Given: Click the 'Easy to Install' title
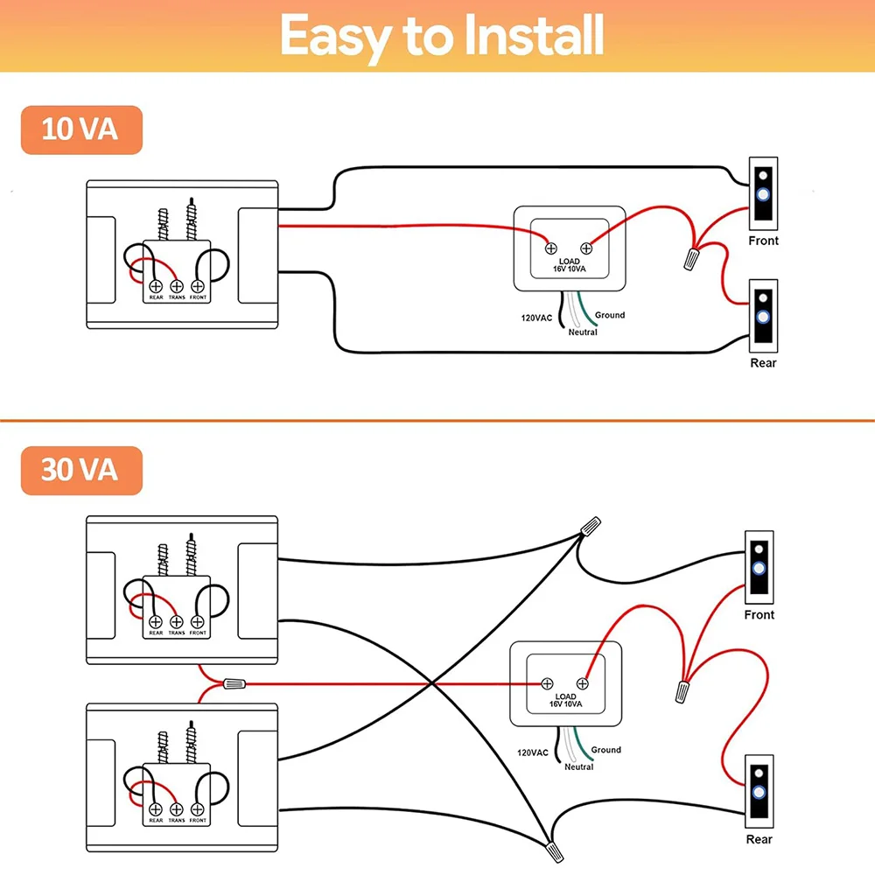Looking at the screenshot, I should tap(443, 36).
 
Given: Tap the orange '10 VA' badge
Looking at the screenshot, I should tap(80, 129).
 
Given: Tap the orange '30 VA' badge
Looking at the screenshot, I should tap(80, 470).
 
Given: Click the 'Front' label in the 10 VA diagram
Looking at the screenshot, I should tap(763, 241).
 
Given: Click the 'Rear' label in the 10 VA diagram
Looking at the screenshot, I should tap(763, 362).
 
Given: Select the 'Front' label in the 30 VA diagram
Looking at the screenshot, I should tap(759, 615).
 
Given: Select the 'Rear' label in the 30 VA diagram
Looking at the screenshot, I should tap(759, 839).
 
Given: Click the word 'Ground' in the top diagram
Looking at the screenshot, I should tap(610, 315).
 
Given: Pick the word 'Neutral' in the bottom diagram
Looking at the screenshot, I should tap(578, 766).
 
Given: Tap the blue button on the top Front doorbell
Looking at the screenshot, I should tap(763, 195).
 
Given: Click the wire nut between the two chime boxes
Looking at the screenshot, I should tap(234, 683).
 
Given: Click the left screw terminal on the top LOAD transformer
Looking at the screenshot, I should tap(552, 246).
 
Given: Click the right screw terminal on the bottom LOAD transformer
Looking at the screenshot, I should tap(582, 683).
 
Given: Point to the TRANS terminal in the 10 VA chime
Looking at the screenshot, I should tap(176, 286).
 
